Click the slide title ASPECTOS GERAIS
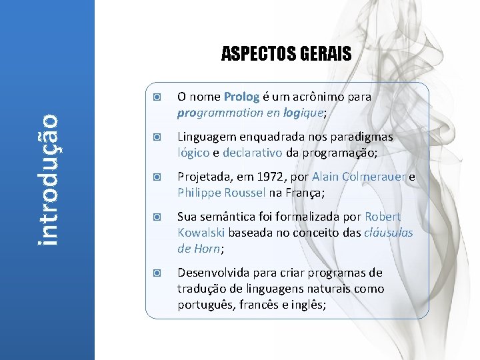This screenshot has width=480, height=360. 286,53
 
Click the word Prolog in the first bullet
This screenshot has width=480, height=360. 237,97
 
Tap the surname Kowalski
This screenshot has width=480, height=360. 202,233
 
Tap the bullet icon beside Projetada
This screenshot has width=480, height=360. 155,177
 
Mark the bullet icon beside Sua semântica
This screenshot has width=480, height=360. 155,217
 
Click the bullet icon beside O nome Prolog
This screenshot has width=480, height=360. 155,97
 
